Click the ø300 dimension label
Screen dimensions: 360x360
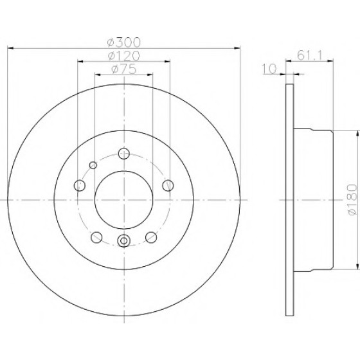[x=123, y=42]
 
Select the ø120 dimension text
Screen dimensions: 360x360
[x=123, y=55]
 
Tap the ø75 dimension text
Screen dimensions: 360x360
[x=123, y=69]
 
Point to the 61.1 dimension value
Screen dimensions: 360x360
[x=309, y=55]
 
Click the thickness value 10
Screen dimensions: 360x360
[x=269, y=69]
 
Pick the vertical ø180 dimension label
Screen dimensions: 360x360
[x=352, y=200]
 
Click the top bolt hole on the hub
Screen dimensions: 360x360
[x=124, y=154]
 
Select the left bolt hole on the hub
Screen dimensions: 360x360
[x=80, y=185]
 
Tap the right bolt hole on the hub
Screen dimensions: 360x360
[x=168, y=185]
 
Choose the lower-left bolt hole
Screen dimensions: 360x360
[x=96, y=237]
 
